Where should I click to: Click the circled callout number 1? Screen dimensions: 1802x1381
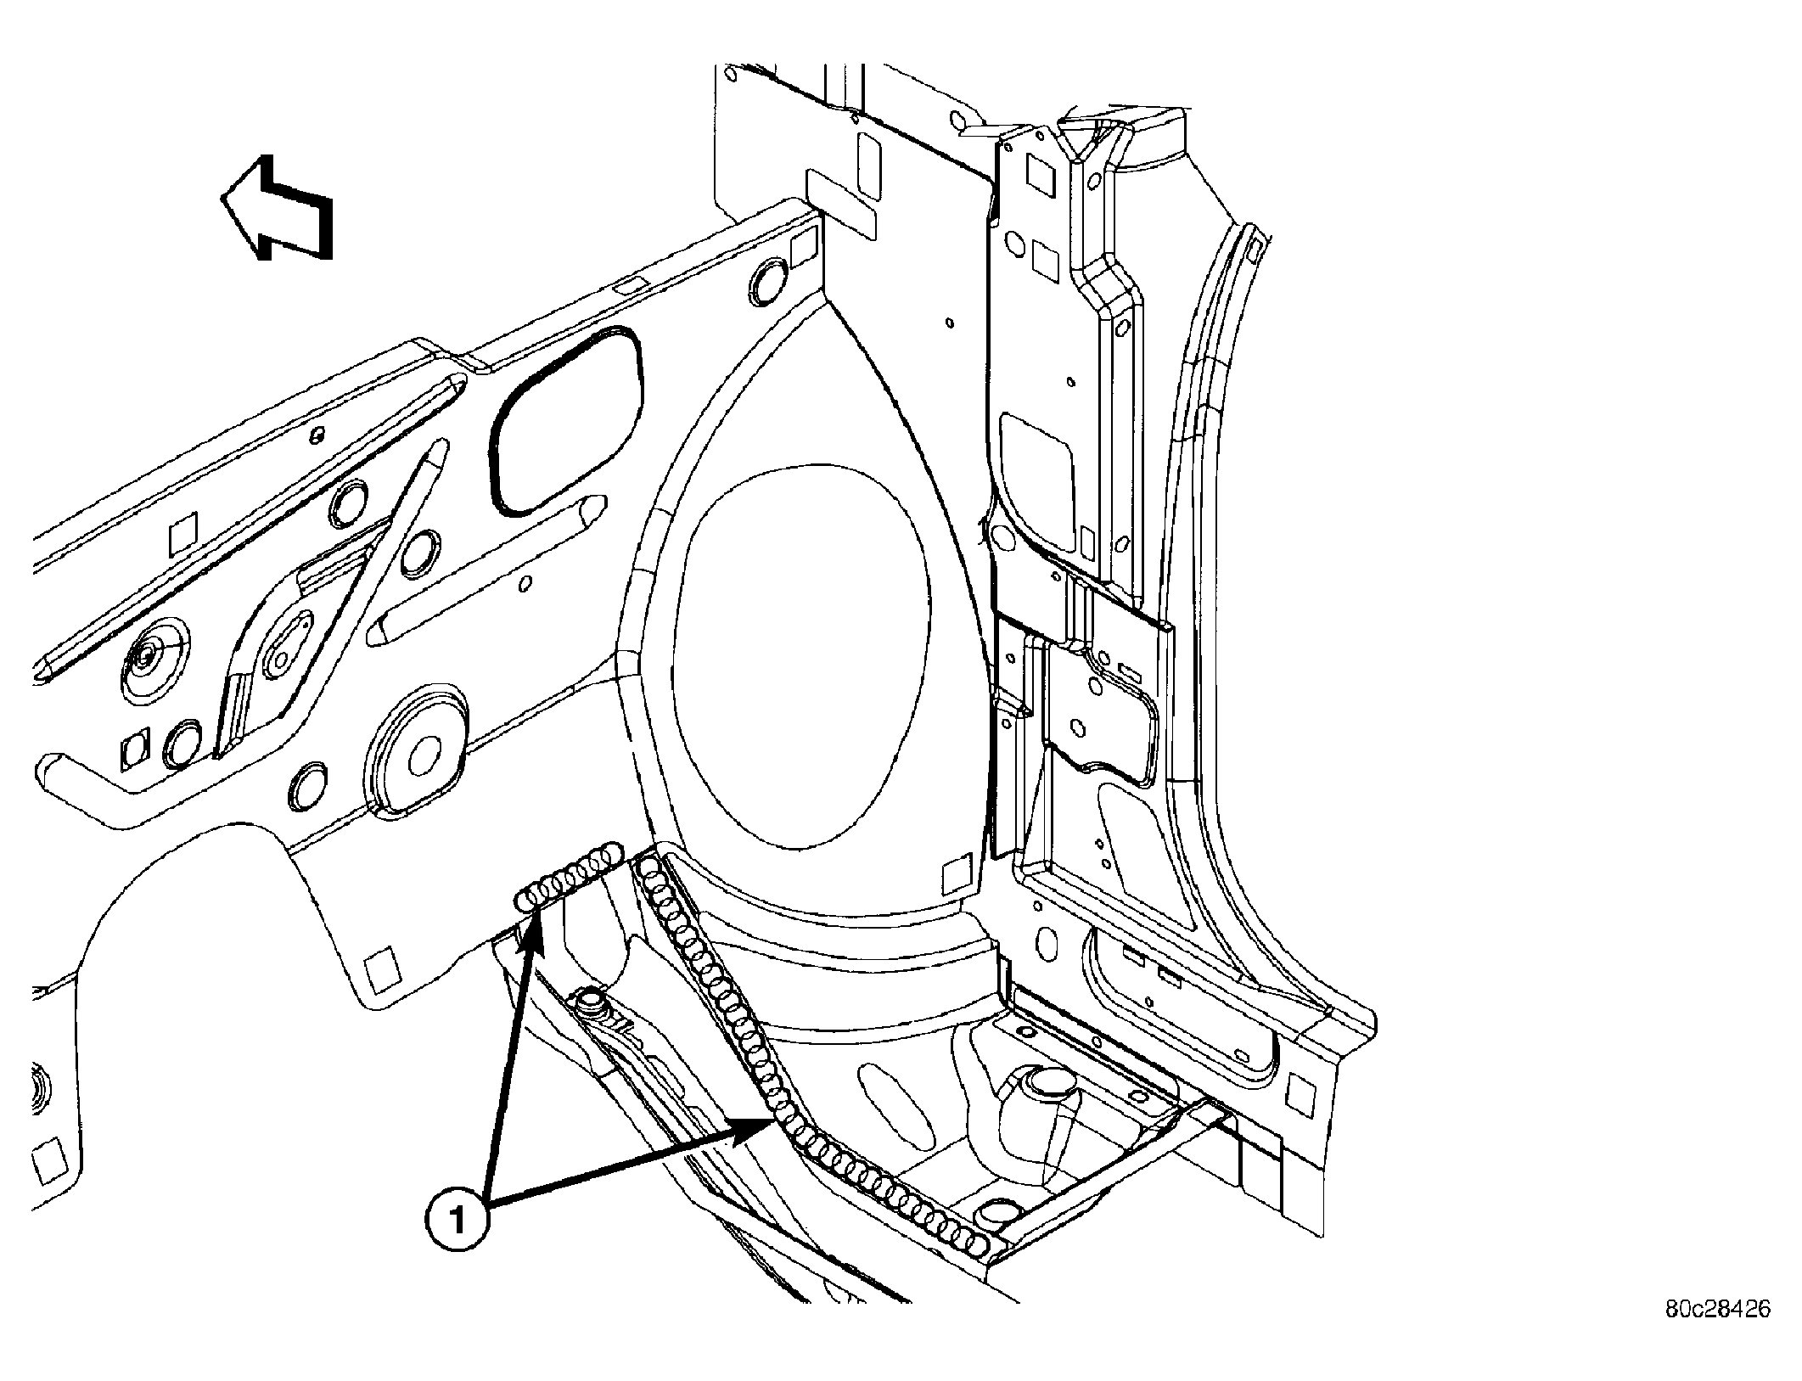coord(458,1220)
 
